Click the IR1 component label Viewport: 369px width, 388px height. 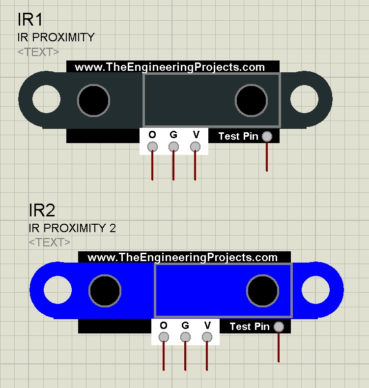[x=30, y=20]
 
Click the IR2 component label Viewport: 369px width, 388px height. [x=42, y=210]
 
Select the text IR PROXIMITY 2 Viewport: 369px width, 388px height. [x=72, y=228]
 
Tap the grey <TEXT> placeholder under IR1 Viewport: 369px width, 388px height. [x=38, y=52]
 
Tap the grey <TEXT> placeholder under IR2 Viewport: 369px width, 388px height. [x=50, y=242]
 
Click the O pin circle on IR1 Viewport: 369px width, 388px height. [x=152, y=147]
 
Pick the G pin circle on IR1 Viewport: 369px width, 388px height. [x=173, y=147]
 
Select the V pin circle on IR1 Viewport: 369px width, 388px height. [x=195, y=147]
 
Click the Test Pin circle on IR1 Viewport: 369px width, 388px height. [x=267, y=136]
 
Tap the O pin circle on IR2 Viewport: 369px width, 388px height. [x=164, y=337]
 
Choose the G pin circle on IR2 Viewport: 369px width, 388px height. [x=185, y=337]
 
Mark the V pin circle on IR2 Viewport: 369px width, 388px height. [x=207, y=337]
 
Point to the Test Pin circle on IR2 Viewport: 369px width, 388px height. [x=279, y=327]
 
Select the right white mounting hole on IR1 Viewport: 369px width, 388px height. [x=304, y=99]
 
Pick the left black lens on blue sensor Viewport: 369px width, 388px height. [x=105, y=290]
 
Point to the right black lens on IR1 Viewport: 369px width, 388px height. [x=251, y=100]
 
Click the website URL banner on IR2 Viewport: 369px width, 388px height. [x=182, y=257]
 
